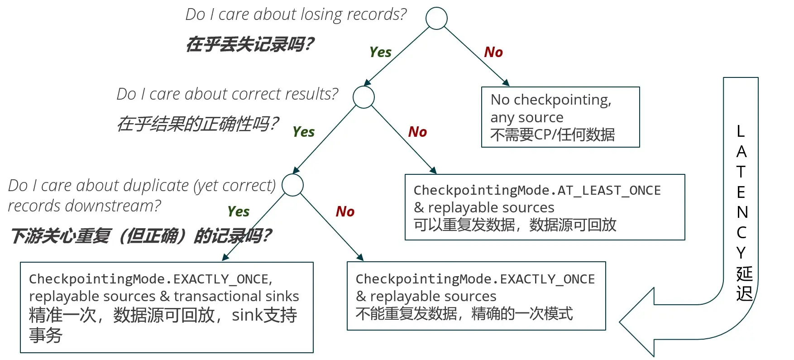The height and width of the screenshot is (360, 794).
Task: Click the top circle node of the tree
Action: coord(436,19)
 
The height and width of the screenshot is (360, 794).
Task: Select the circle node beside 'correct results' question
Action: coord(364,97)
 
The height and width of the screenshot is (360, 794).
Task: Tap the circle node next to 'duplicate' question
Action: coord(292,185)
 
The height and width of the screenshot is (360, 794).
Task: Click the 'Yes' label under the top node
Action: coord(380,52)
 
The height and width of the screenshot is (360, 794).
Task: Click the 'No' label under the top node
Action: coord(493,52)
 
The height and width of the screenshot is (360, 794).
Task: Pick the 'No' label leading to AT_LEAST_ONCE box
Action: coord(417,132)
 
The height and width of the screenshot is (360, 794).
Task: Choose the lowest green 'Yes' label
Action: coord(239,211)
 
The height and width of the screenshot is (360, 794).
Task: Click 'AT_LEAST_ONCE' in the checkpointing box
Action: coord(609,190)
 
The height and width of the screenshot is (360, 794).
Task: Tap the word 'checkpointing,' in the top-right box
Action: coord(563,100)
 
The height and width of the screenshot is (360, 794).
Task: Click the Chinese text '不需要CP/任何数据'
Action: coord(552,134)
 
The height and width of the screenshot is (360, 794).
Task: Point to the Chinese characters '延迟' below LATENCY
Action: coord(744,284)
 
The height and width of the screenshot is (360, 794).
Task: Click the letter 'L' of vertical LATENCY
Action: coord(741,131)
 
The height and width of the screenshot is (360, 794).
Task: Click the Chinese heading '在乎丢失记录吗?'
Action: coord(249,44)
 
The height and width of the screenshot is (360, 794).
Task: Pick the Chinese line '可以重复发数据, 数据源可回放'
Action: coord(515,225)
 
